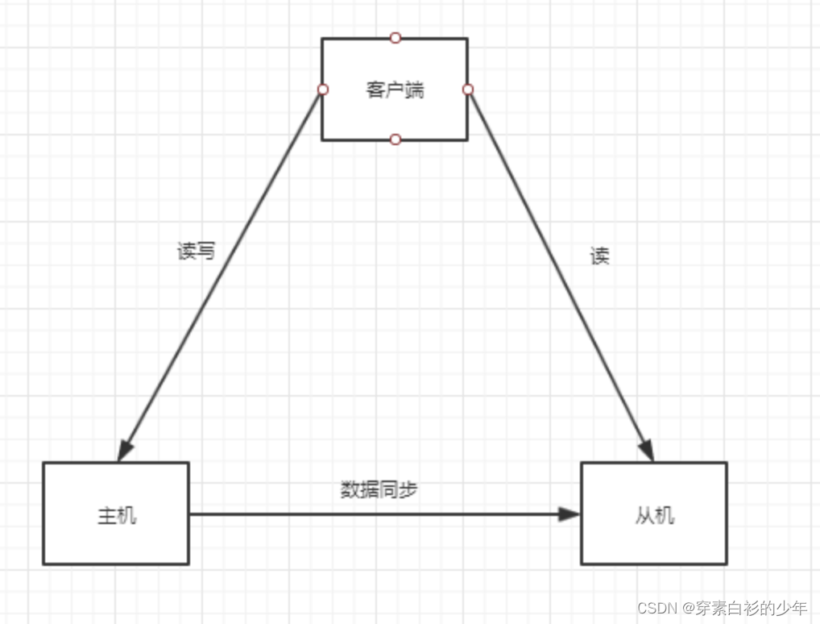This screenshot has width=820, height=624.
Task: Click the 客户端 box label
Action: coord(395,89)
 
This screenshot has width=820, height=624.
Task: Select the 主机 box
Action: coord(115,513)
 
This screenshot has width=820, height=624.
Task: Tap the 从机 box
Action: coord(653,513)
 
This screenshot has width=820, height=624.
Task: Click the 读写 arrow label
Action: coord(197,252)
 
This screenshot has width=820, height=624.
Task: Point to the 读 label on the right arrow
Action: coord(599,256)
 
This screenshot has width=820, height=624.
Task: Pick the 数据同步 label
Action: coord(379,489)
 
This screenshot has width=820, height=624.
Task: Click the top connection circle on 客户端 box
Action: coord(395,38)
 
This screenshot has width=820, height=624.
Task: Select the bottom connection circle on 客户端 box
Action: coord(395,139)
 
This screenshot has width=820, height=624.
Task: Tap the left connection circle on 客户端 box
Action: coord(322,89)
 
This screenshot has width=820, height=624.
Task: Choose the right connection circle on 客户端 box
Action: coord(468,89)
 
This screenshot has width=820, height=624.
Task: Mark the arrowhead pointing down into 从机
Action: coord(646,450)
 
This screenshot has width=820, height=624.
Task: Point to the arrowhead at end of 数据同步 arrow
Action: coord(570,514)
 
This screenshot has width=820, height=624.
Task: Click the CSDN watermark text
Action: coord(722,608)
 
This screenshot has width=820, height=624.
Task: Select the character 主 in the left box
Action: coord(106,516)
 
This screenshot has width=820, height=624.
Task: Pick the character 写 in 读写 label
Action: coord(206,252)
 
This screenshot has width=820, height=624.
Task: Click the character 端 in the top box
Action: coord(414,89)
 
